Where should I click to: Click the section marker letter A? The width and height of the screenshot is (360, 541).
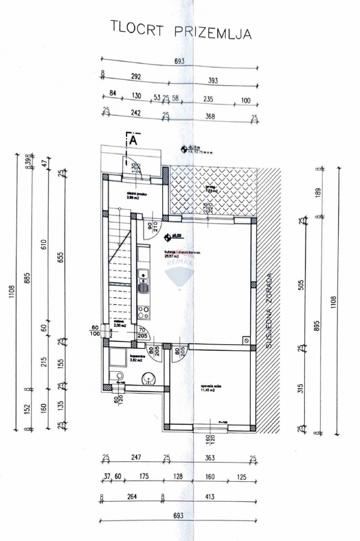click(133, 140)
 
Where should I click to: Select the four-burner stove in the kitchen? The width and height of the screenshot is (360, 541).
click(143, 311)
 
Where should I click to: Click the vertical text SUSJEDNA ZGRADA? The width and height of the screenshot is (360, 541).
click(269, 311)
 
